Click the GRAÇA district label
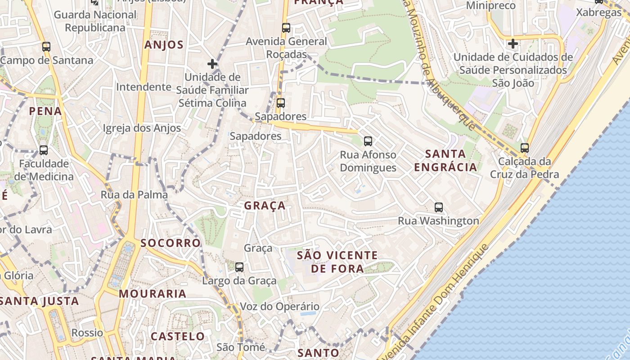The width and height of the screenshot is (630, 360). point(265,206)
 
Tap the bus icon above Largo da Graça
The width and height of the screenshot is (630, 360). point(239,267)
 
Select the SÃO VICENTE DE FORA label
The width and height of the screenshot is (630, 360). point(337,262)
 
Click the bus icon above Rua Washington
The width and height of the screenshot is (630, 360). point(439,207)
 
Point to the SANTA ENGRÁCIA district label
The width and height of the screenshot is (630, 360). point(445,161)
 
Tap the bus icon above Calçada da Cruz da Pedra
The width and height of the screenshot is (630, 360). point(524,148)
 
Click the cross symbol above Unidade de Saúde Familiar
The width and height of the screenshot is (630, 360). point(212,64)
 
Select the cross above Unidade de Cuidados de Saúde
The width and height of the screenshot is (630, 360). point(513,44)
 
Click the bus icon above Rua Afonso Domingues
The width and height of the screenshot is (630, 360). point(368,141)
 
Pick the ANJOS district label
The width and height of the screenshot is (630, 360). point(164,45)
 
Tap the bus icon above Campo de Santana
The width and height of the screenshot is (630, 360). point(46,47)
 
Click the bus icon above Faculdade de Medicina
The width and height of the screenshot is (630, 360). point(44,150)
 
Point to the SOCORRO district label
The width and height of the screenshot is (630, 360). point(170,243)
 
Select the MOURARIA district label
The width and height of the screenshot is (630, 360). point(153,294)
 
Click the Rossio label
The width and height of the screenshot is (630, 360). point(87,333)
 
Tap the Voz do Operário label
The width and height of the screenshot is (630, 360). point(279,307)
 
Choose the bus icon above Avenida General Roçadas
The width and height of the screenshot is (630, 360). point(286,28)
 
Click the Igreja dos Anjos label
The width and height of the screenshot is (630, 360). point(142,128)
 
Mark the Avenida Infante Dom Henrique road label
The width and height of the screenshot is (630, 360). point(434,300)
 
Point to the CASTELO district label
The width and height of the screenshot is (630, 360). point(178,336)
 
